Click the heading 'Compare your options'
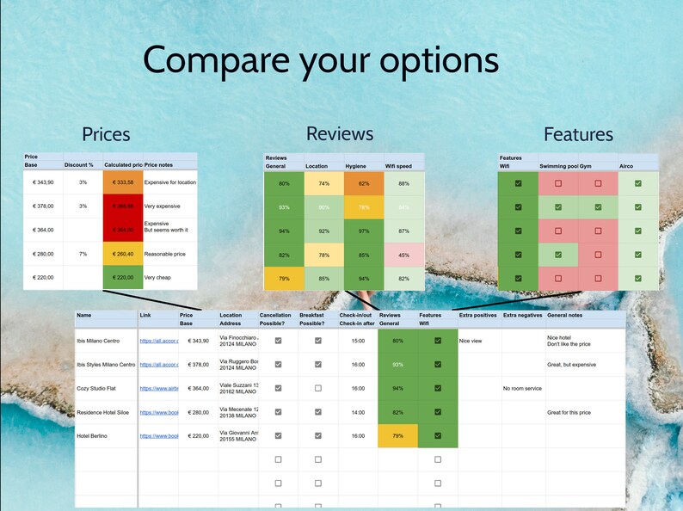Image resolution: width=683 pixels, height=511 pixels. click(x=320, y=60)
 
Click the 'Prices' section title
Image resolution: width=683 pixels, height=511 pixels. click(x=106, y=134)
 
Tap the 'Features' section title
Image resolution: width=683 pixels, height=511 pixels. click(x=578, y=134)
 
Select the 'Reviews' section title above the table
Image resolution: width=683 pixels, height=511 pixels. click(x=340, y=133)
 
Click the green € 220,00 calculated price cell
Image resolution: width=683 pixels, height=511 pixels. click(x=121, y=278)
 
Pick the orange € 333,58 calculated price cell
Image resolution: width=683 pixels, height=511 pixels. click(x=121, y=182)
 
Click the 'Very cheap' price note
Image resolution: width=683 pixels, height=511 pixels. click(x=157, y=278)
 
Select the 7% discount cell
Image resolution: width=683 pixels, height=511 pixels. click(x=83, y=255)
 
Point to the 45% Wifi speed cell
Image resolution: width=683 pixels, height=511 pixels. click(x=403, y=255)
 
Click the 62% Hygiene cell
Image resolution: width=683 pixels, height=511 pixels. click(x=363, y=183)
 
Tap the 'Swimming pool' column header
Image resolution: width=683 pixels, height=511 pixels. click(x=557, y=165)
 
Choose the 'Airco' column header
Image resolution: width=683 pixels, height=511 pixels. click(x=626, y=165)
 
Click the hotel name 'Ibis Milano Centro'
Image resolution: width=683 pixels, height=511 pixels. click(x=98, y=341)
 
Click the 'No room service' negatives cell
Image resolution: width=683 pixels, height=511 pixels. click(x=522, y=389)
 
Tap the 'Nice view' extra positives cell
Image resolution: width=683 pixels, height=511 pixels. click(x=471, y=341)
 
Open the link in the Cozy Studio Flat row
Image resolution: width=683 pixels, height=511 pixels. click(x=159, y=389)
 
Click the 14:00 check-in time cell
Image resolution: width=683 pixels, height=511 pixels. click(x=356, y=412)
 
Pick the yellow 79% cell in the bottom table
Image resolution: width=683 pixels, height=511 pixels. click(x=397, y=436)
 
